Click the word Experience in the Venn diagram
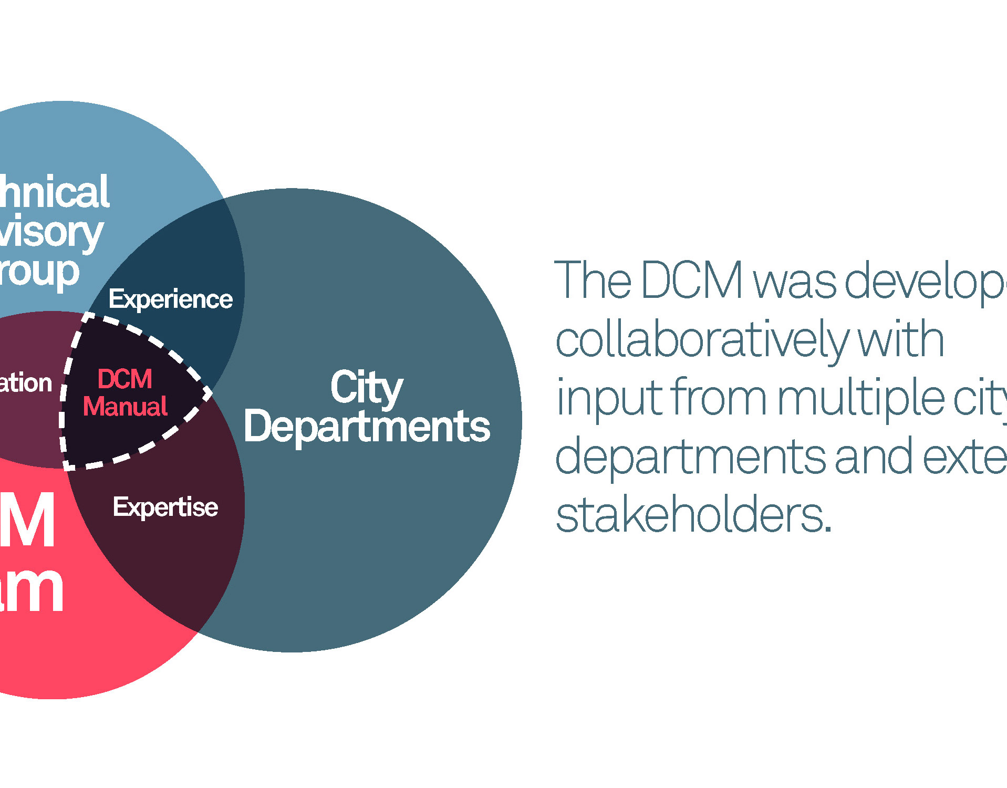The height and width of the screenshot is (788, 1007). click(x=170, y=299)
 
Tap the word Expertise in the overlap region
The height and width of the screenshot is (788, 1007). click(x=165, y=507)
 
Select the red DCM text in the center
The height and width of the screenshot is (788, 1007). click(x=125, y=379)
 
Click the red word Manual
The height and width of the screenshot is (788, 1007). click(x=125, y=407)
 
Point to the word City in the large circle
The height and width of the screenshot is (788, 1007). click(x=367, y=388)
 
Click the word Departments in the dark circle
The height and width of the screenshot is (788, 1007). click(x=367, y=427)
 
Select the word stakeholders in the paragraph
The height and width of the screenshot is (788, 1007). click(x=693, y=516)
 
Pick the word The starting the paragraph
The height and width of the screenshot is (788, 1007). click(x=593, y=281)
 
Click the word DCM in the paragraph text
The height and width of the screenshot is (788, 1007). click(x=692, y=281)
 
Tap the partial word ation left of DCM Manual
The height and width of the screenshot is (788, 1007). click(x=25, y=383)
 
